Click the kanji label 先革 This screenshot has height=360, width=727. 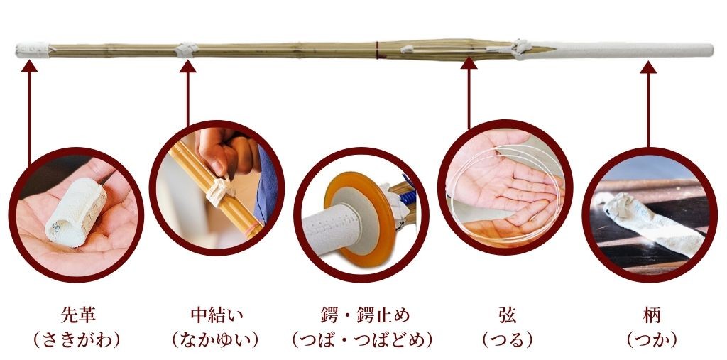78,315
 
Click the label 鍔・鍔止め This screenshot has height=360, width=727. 363,315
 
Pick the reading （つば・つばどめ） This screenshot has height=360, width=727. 363,341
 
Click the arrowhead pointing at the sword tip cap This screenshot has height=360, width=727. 29,65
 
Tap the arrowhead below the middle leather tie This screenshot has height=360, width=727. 187,66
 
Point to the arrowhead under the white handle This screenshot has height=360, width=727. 648,67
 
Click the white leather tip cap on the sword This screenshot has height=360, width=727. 33,50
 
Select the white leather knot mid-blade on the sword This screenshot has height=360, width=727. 187,50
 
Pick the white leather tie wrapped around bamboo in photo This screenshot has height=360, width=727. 219,190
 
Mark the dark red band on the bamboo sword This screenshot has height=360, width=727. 378,50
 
